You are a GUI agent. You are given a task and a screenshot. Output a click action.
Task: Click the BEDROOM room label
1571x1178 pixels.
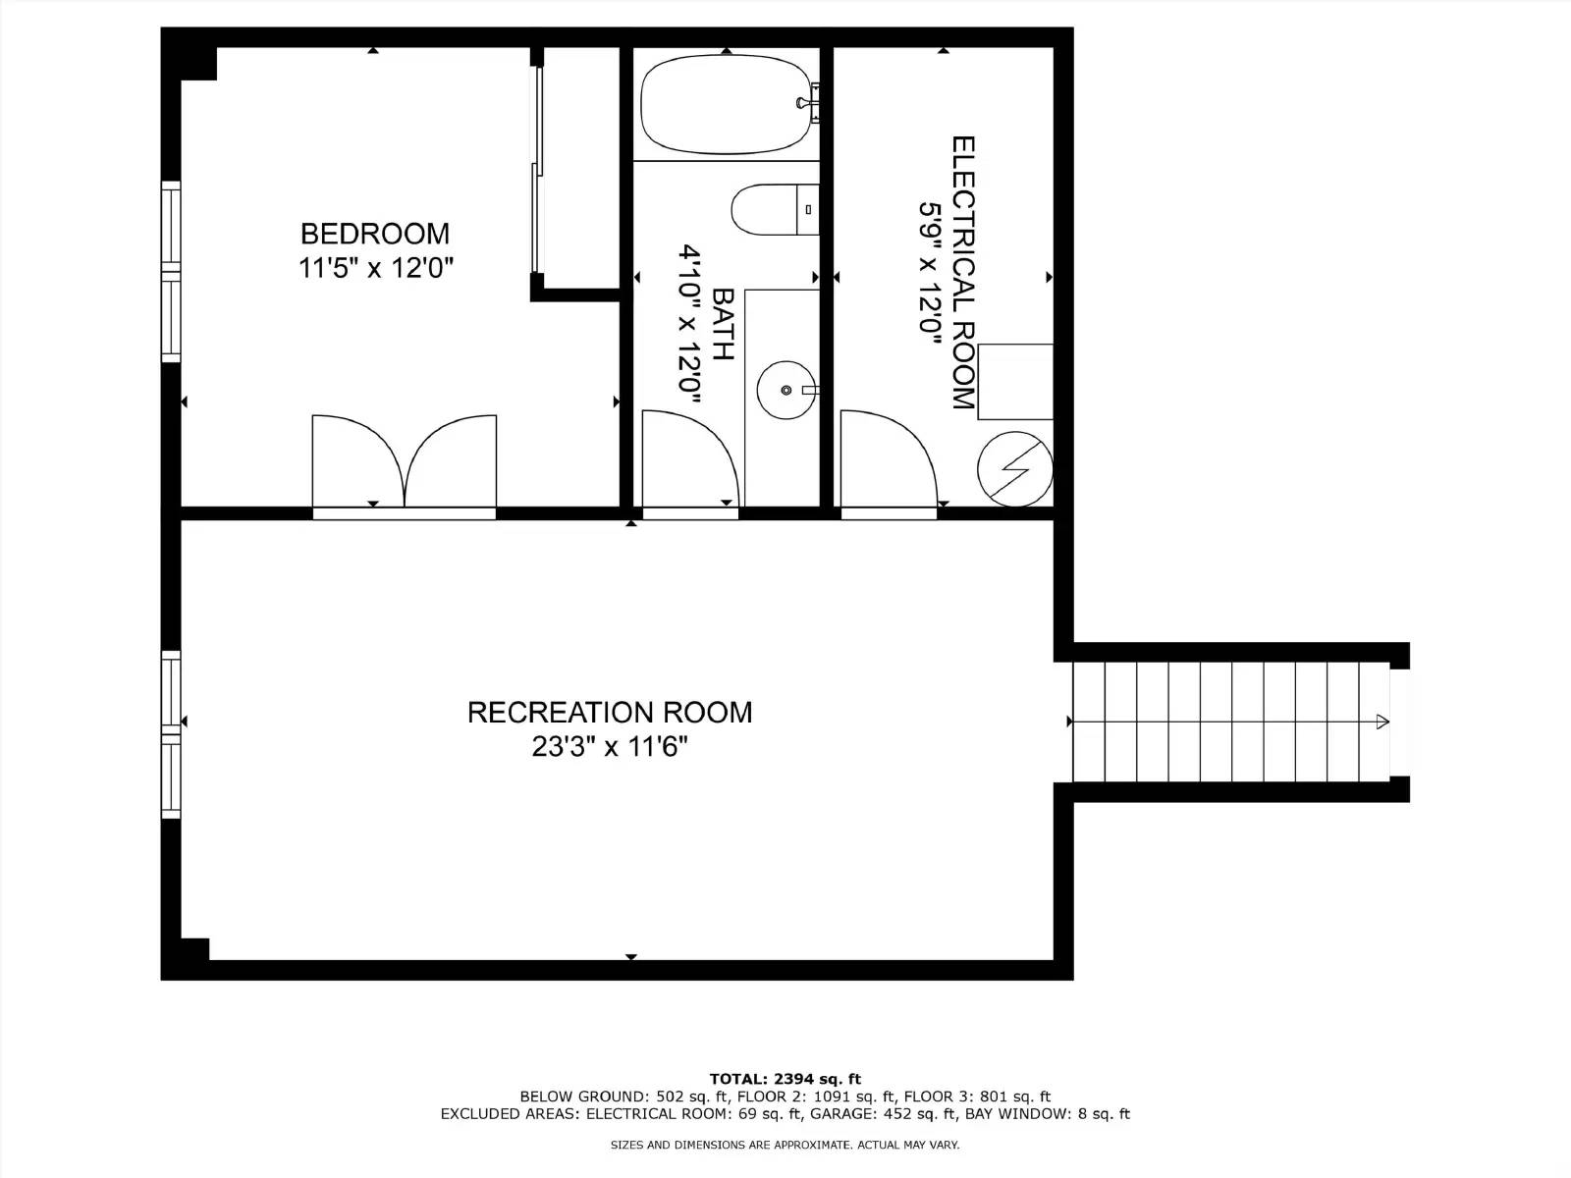(374, 234)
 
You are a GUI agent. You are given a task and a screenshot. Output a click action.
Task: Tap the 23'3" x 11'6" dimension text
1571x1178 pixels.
(609, 747)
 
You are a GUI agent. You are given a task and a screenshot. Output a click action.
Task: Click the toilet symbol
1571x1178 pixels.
(774, 209)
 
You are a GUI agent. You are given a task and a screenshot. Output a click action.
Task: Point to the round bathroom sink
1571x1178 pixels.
(785, 390)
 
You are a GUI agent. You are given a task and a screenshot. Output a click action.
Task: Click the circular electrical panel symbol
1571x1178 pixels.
(1015, 469)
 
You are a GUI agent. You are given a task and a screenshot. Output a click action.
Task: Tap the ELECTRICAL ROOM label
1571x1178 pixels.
(963, 272)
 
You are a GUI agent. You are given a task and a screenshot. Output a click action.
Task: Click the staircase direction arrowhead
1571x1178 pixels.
(1382, 723)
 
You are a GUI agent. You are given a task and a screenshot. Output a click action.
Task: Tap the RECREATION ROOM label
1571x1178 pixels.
(609, 712)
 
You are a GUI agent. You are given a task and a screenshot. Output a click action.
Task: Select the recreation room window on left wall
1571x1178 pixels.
(172, 733)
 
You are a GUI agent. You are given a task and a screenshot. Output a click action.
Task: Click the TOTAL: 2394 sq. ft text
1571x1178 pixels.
(785, 1079)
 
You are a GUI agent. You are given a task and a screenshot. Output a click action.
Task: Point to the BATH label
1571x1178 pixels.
(723, 324)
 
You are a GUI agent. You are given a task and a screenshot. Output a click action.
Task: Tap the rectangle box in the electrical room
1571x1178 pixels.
(1015, 382)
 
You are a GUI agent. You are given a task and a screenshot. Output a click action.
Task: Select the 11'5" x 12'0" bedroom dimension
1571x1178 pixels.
(374, 268)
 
